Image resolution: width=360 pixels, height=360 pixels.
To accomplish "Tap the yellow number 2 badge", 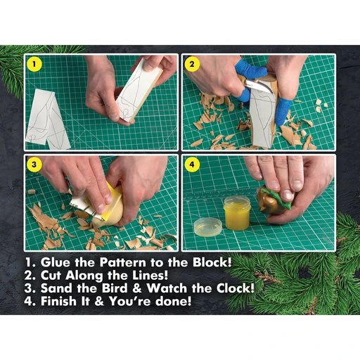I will (x=191, y=63).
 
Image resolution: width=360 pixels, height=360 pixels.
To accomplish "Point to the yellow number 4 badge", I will (x=191, y=166).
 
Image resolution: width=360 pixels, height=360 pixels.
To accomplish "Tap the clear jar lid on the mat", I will (x=207, y=226).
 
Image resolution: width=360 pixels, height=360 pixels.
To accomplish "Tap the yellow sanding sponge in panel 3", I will (x=112, y=204).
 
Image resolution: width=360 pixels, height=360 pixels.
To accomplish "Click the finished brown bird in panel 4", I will (x=274, y=200).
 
